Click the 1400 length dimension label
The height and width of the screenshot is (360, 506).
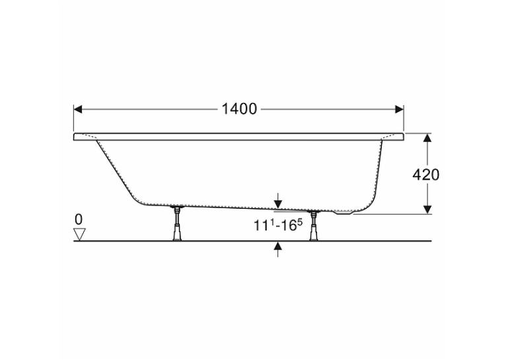pos(239,110)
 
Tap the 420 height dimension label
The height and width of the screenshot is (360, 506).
pos(426,175)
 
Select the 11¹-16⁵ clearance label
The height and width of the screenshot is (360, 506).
pos(279,225)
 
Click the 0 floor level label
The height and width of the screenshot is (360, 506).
pos(79,220)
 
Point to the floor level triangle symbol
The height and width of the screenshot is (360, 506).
pos(79,234)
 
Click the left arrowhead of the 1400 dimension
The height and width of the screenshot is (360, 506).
pos(78,110)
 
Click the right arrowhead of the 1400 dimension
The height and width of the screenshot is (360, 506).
pos(400,110)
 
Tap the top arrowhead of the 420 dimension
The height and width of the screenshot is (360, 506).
pos(427,138)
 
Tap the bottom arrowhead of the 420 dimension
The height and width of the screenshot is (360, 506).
pos(427,209)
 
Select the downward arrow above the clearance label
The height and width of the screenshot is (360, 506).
pos(278,201)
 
